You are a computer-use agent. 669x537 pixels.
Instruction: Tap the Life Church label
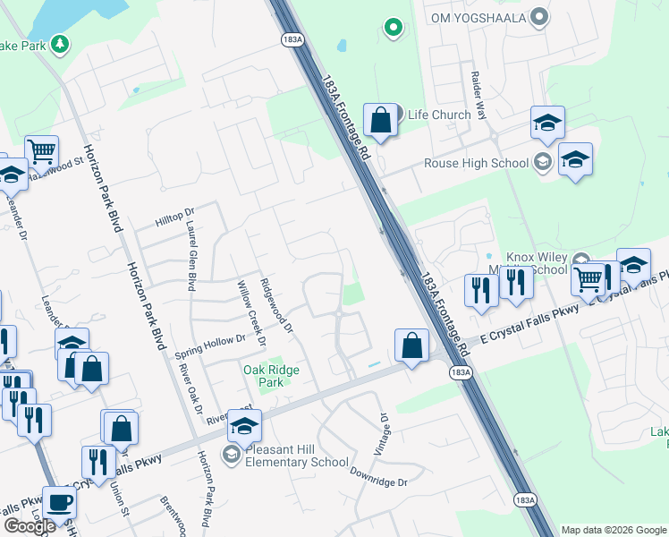[438, 115]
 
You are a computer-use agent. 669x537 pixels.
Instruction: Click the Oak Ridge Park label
[271, 376]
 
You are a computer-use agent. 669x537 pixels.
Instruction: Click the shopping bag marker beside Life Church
[380, 120]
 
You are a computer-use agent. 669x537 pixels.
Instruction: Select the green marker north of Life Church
[393, 28]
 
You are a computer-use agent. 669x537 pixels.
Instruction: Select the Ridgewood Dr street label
[276, 304]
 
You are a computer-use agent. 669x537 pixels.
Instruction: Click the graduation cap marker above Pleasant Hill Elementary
[243, 425]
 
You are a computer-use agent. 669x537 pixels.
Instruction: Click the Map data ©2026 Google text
[614, 530]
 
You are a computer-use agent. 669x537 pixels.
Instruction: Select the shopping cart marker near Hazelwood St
[41, 153]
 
